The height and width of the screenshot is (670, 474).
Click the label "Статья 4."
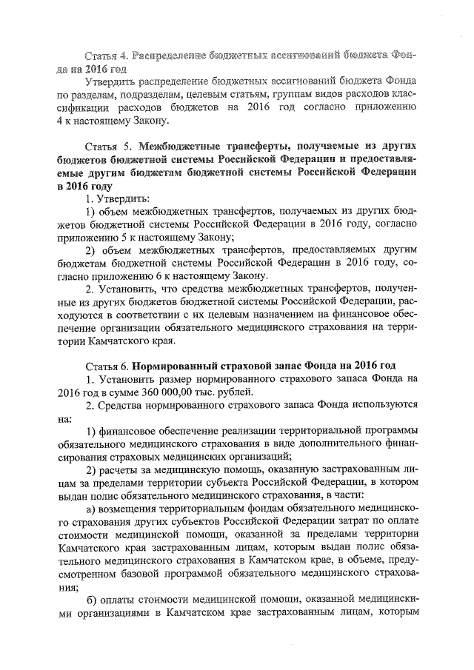(108, 56)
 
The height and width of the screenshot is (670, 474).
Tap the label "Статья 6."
(108, 365)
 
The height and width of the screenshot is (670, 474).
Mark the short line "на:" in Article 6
(64, 418)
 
